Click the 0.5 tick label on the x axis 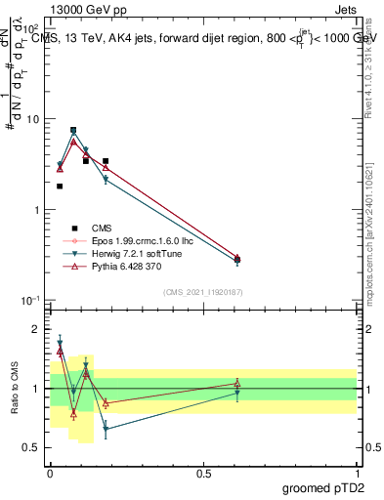click(202, 472)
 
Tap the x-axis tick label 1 click(357, 472)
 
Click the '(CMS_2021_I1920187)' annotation click(203, 291)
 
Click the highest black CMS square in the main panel click(73, 130)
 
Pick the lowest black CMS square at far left click(60, 186)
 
